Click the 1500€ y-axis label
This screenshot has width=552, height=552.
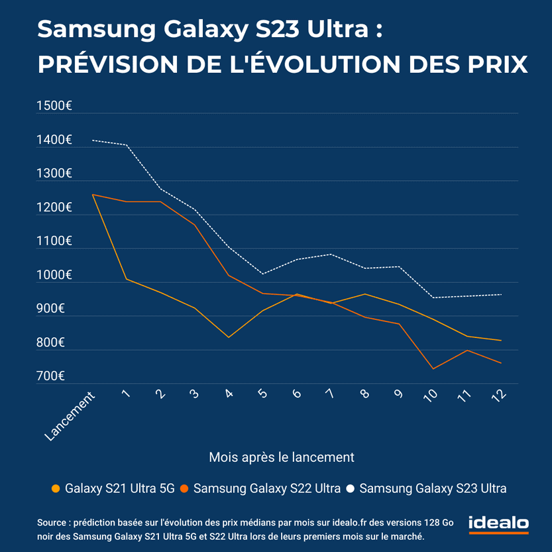click(54, 106)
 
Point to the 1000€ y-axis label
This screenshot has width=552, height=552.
click(54, 275)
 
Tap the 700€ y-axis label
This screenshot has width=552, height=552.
click(50, 376)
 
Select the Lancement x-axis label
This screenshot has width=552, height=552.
click(70, 415)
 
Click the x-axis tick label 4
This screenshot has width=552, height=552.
click(229, 394)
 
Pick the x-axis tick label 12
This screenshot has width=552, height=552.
click(499, 395)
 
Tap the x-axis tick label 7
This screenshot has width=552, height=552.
click(330, 394)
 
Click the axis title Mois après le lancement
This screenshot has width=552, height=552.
click(282, 457)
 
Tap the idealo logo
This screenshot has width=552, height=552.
click(498, 524)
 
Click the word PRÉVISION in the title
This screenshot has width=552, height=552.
click(108, 64)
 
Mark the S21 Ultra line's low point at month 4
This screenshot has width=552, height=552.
click(229, 337)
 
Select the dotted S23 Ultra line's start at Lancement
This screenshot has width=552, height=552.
click(93, 140)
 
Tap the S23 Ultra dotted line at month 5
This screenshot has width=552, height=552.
click(262, 274)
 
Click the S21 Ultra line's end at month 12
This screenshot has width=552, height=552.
click(500, 341)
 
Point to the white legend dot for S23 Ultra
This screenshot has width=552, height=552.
click(351, 489)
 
